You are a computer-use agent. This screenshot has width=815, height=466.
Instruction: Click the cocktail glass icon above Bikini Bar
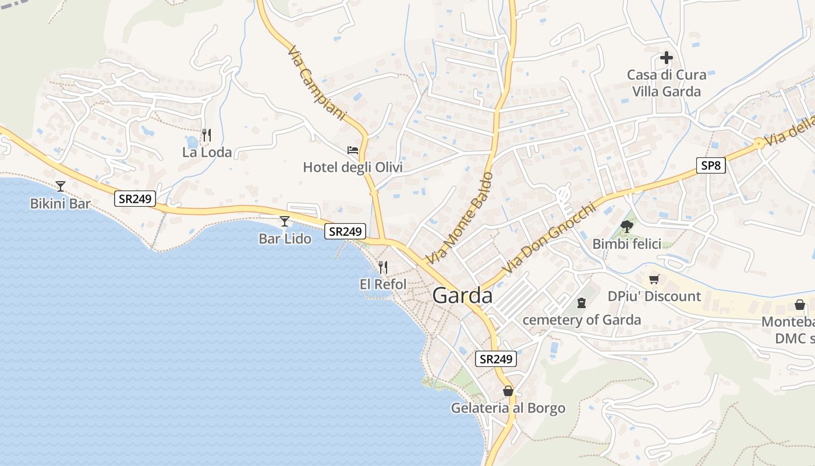pos(61,186)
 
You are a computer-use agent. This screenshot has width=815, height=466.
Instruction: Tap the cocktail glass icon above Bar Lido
pos(285,221)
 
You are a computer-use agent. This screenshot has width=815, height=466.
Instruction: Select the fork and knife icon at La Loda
pos(206,135)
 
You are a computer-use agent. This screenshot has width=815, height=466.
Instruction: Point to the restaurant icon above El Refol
pos(382,267)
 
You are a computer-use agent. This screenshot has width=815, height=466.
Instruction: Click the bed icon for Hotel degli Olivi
pos(353,150)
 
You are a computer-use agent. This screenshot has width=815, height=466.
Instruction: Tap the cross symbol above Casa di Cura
pos(667,58)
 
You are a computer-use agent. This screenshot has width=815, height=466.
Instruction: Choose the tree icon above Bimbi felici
pos(627,227)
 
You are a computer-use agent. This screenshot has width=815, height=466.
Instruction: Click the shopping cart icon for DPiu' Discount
pos(654,280)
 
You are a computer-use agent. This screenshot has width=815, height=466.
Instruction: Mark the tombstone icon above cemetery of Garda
pos(581,303)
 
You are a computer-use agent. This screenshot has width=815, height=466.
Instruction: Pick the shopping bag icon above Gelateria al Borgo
pos(508,391)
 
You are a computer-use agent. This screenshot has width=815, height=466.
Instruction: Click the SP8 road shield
pos(711,165)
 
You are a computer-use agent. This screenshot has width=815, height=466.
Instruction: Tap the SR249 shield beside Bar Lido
pos(345,231)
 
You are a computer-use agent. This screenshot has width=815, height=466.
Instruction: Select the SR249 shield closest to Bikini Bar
pos(135,199)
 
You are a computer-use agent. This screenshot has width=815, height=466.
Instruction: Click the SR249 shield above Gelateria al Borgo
pos(496,359)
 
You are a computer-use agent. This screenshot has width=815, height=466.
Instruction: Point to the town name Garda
pos(462,296)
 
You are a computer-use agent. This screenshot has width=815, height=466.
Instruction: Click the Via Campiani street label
pos(317,83)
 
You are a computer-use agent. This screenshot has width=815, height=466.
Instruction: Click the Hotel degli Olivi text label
pos(353,168)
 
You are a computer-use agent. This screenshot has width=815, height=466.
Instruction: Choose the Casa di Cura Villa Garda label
pos(667,83)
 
